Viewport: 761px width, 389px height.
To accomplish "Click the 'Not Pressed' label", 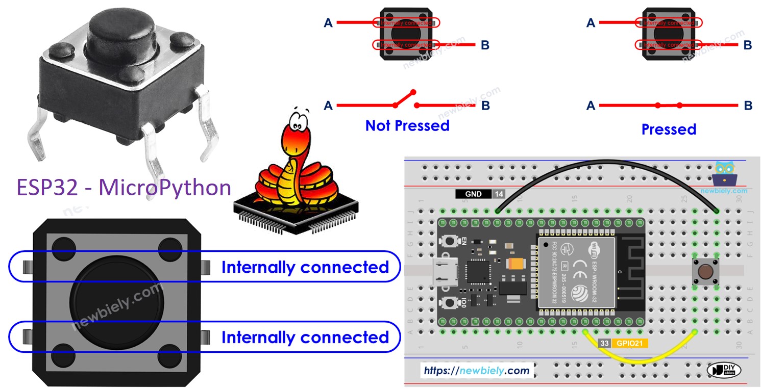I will (x=407, y=125).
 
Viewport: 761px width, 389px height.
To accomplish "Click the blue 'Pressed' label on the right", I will (x=669, y=129).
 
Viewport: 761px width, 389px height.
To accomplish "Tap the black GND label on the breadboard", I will (x=473, y=194).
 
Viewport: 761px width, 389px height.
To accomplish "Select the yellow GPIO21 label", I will (x=630, y=344).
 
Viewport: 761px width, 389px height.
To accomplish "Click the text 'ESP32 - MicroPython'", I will (x=124, y=188).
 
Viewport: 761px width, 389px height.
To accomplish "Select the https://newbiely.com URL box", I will (x=477, y=371).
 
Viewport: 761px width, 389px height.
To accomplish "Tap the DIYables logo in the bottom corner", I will (x=723, y=371).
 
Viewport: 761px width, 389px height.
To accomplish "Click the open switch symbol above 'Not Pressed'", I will (x=406, y=101).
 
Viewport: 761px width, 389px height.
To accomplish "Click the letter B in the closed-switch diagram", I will (x=748, y=106).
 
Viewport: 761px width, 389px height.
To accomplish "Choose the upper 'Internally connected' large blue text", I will (x=305, y=267).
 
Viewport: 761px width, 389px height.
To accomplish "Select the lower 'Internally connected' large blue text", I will (x=305, y=338).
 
